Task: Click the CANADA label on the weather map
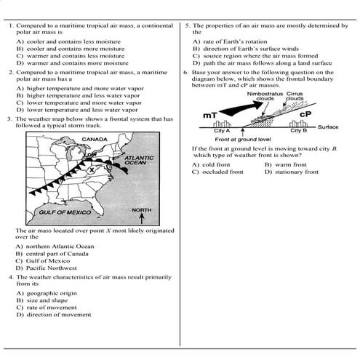coord(95,139)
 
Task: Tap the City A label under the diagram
coord(222,131)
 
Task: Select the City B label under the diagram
coord(299,131)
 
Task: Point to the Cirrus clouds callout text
coord(295,96)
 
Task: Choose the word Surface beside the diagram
coord(328,127)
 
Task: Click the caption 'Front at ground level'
coord(242,138)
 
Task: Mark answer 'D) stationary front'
coord(291,172)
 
